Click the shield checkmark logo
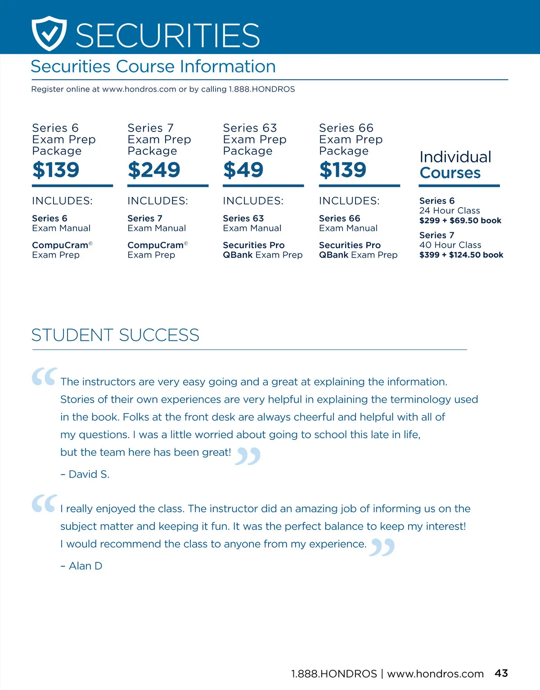[49, 33]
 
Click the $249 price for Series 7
[154, 170]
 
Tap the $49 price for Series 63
[243, 170]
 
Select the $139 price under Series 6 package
[56, 170]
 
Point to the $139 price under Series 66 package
[342, 170]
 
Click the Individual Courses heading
[455, 165]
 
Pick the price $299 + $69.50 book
[460, 220]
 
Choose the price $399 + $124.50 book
[461, 255]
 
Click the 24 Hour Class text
[449, 210]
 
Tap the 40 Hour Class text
[450, 245]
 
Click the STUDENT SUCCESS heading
[115, 335]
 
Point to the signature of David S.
[85, 474]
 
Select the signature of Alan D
[82, 566]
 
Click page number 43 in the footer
[501, 673]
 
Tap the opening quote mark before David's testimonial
[44, 377]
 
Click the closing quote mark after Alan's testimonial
[382, 547]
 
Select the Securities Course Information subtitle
[153, 67]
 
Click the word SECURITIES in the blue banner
[167, 36]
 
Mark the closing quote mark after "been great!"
[248, 456]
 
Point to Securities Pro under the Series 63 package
[253, 245]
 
